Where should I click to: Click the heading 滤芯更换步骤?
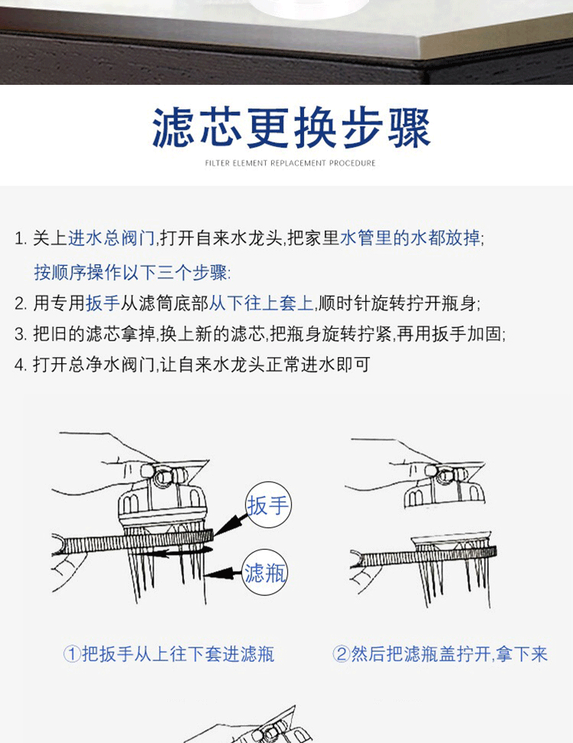pyautogui.click(x=291, y=128)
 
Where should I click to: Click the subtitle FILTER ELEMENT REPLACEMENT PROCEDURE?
pyautogui.click(x=290, y=163)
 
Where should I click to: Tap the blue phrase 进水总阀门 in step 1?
pyautogui.click(x=112, y=238)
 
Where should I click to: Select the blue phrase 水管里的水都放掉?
pyautogui.click(x=410, y=238)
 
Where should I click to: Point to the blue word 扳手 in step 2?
pyautogui.click(x=103, y=303)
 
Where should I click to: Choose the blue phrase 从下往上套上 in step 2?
pyautogui.click(x=261, y=303)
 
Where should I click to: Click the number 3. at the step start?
pyautogui.click(x=21, y=335)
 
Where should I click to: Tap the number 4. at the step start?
pyautogui.click(x=21, y=365)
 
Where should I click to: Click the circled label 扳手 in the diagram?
pyautogui.click(x=268, y=505)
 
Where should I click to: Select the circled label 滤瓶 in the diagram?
pyautogui.click(x=265, y=573)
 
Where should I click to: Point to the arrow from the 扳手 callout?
pyautogui.click(x=231, y=525)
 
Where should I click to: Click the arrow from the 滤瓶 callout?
pyautogui.click(x=223, y=575)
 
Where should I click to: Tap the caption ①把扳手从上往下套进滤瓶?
pyautogui.click(x=169, y=654)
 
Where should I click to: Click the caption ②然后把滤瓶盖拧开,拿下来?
pyautogui.click(x=440, y=654)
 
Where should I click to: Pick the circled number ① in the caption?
pyautogui.click(x=72, y=654)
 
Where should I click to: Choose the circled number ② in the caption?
pyautogui.click(x=341, y=654)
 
